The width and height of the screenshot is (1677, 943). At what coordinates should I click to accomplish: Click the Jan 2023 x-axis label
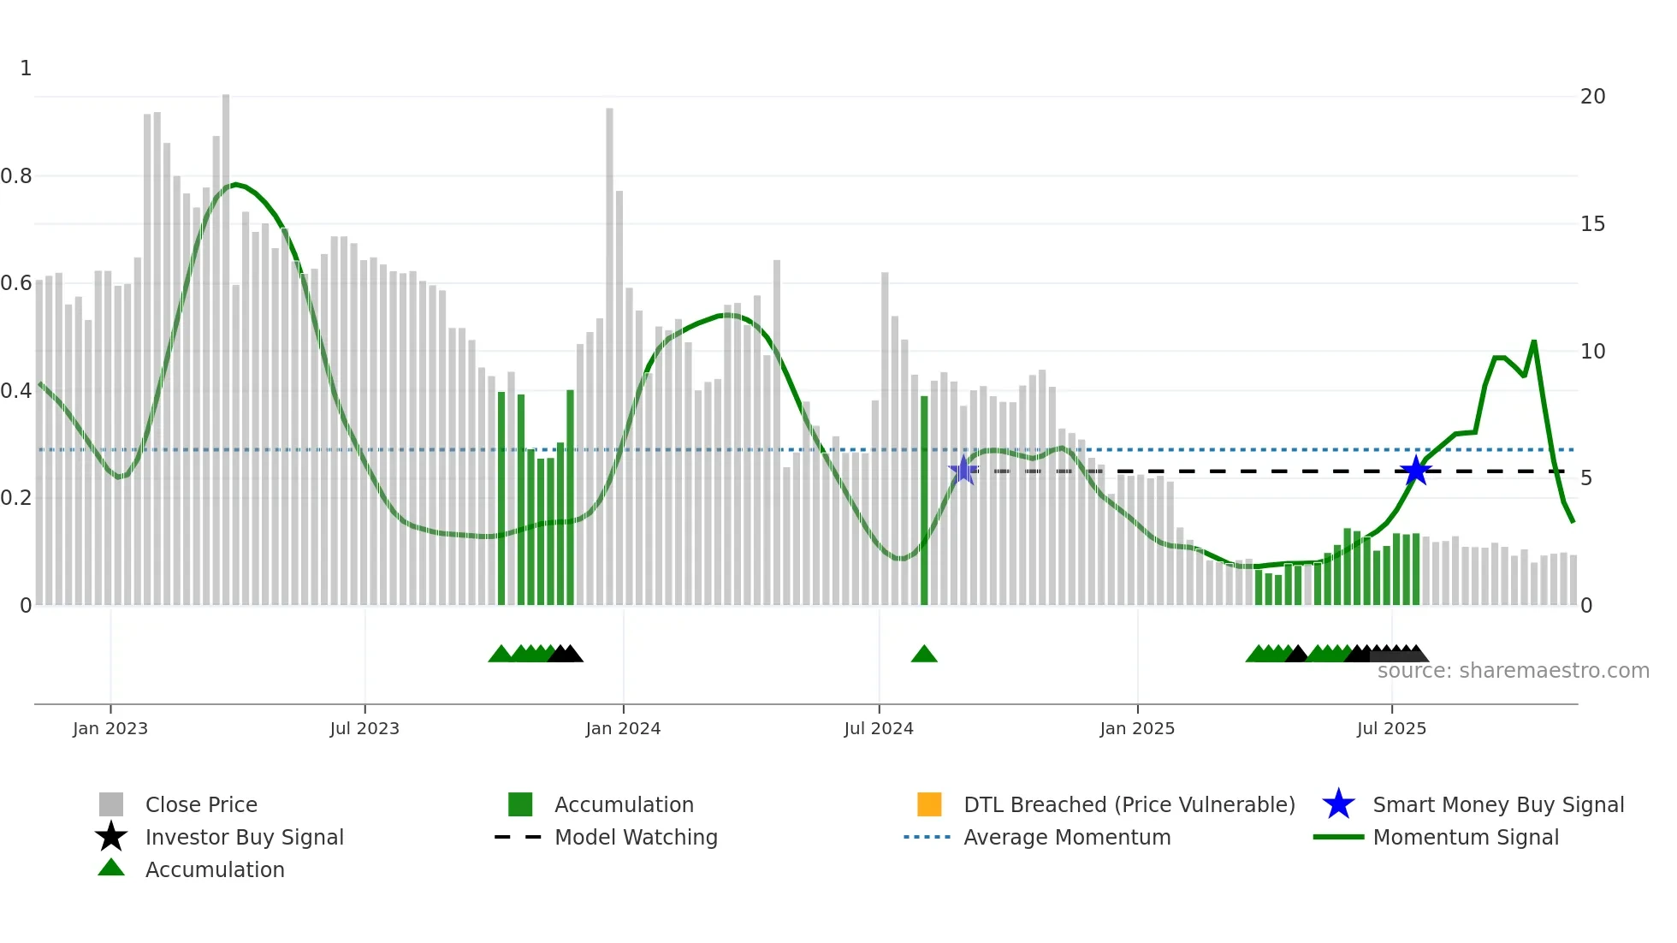point(110,728)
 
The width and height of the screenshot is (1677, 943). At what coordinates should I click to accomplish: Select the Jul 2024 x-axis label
point(879,728)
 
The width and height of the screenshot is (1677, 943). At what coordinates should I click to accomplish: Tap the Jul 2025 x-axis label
point(1391,728)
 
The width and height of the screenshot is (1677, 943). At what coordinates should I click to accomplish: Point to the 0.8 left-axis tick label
point(16,176)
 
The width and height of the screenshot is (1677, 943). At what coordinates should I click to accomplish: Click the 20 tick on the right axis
point(1592,97)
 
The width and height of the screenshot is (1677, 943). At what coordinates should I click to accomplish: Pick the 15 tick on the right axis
point(1592,224)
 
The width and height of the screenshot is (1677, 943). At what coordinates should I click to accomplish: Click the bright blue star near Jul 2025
point(1415,471)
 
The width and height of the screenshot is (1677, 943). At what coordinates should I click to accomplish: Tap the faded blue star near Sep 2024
point(963,470)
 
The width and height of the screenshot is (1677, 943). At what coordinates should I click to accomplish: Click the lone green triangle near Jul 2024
point(924,655)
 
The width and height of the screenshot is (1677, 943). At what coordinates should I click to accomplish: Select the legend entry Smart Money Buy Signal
point(1497,804)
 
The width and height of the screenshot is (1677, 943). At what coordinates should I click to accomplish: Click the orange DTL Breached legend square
point(929,804)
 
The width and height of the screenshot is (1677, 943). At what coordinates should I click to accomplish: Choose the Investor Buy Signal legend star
point(111,837)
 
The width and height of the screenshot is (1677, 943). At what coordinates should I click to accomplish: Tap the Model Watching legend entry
point(635,837)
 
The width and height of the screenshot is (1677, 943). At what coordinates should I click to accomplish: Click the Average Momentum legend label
point(1066,837)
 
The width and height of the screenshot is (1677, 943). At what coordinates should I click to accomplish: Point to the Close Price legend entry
point(200,804)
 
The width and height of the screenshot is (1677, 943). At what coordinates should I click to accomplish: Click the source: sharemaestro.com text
point(1513,671)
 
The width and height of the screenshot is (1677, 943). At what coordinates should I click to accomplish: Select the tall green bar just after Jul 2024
point(924,501)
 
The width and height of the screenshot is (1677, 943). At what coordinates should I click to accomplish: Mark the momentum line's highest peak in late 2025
point(1534,341)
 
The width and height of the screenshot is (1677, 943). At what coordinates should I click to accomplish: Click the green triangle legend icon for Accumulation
point(111,868)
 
